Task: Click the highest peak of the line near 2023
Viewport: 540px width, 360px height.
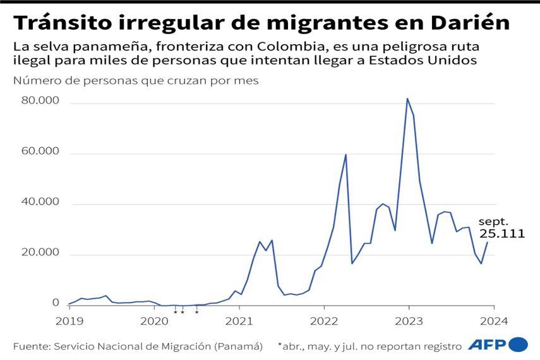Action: point(407,99)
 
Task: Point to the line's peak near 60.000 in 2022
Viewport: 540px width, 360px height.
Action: point(345,154)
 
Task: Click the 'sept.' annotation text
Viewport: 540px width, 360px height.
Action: point(494,222)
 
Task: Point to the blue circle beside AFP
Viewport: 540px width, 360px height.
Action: point(518,344)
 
